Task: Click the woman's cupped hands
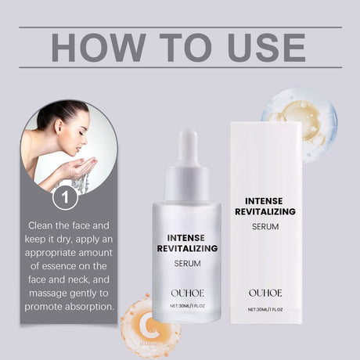tap(81, 167)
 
